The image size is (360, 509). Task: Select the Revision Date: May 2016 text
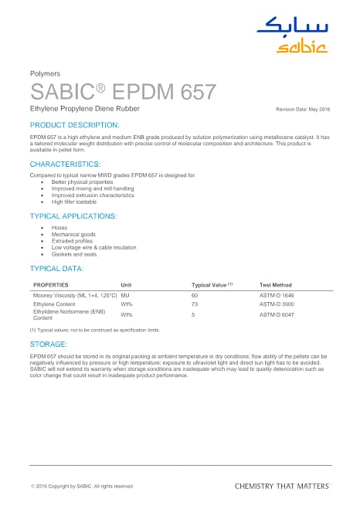click(304, 111)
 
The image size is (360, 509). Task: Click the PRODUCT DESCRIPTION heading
click(74, 124)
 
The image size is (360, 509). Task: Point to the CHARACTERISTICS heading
click(65, 165)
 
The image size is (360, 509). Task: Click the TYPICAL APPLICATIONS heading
click(73, 215)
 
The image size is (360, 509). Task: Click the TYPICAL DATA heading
click(56, 268)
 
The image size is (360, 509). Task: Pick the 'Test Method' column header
click(275, 285)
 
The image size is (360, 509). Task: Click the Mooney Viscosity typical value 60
click(195, 296)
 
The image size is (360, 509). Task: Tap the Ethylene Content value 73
click(195, 305)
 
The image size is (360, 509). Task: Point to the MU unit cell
click(125, 296)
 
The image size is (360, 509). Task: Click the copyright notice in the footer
click(81, 486)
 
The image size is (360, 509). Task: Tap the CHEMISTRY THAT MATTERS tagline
click(281, 486)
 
